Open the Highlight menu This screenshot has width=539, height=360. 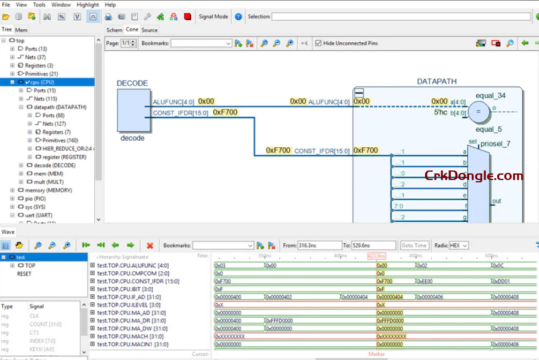88,5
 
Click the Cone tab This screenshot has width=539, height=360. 132,30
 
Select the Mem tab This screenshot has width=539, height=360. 21,30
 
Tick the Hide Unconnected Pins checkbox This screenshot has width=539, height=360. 318,44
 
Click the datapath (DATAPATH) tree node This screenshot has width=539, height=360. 56,107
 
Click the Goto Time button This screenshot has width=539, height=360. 414,246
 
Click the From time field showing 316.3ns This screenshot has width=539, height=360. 319,246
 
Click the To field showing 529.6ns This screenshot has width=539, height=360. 373,246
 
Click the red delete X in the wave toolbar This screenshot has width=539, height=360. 150,246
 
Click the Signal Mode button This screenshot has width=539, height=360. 213,17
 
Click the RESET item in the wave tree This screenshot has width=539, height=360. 24,274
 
